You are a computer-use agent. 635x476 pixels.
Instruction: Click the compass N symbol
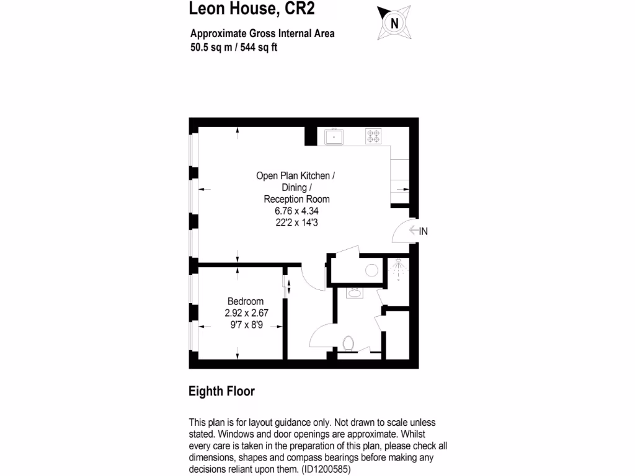[x=393, y=24]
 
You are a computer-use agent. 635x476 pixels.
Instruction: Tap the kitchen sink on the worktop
[x=334, y=136]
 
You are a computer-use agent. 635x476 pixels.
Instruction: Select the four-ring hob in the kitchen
[x=373, y=136]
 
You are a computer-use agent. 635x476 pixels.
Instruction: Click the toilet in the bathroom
[x=348, y=342]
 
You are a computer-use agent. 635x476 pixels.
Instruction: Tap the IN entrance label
[x=424, y=231]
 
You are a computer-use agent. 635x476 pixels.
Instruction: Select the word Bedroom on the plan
[x=246, y=301]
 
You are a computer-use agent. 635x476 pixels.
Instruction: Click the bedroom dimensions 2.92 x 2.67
[x=246, y=313]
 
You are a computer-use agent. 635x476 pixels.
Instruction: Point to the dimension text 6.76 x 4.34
[x=296, y=211]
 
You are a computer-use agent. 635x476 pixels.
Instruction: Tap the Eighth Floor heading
[x=221, y=392]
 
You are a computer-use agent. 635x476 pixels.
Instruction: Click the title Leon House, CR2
[x=255, y=9]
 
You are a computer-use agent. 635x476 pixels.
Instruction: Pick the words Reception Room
[x=296, y=199]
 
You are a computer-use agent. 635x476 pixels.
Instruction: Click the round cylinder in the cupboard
[x=372, y=270]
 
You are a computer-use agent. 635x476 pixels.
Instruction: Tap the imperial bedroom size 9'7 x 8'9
[x=246, y=325]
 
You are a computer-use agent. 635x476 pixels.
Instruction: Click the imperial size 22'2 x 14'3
[x=296, y=223]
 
